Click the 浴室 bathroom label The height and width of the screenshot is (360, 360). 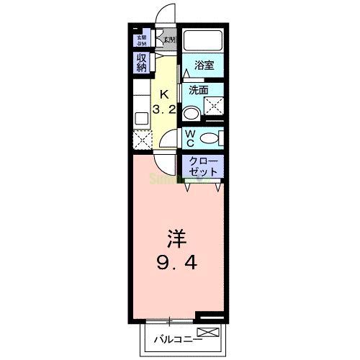click(x=203, y=65)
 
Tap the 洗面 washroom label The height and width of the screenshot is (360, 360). click(x=198, y=91)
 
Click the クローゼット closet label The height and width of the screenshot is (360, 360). click(x=202, y=167)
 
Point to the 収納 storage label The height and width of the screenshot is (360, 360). click(x=142, y=63)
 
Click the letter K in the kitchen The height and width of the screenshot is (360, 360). click(x=164, y=93)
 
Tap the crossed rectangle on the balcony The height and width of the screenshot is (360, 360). click(x=207, y=332)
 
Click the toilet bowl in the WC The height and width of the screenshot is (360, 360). click(x=210, y=138)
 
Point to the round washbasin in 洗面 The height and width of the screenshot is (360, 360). click(x=191, y=113)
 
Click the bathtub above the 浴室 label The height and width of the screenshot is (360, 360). click(x=203, y=40)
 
